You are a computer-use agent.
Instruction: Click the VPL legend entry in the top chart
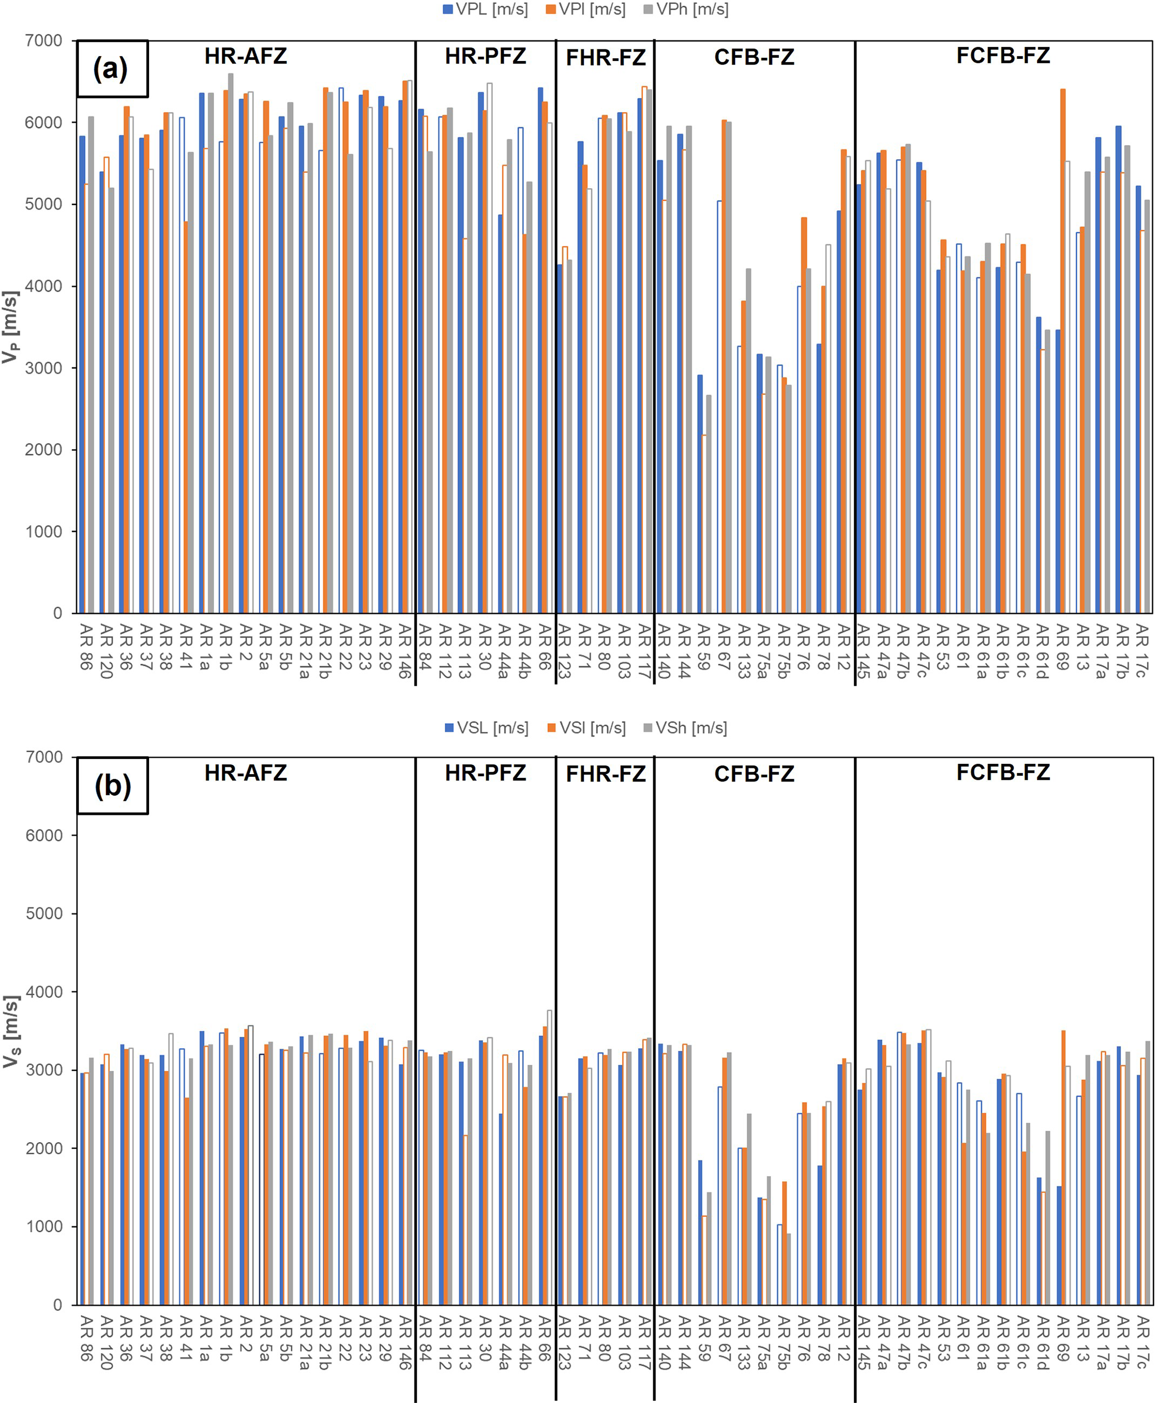pos(485,10)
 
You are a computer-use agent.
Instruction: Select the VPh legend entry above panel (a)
pos(686,10)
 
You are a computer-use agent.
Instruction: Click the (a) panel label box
pos(112,69)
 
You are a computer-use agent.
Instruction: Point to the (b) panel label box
pos(112,786)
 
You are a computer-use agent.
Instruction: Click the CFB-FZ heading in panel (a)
pos(754,57)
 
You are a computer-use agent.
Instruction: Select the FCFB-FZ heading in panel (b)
pos(1003,772)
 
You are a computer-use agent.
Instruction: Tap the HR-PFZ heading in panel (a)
pos(485,56)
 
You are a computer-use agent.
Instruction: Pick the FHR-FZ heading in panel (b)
pos(605,774)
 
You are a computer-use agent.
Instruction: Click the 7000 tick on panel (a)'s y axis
pos(44,41)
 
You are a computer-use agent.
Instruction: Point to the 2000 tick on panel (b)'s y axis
pos(44,1148)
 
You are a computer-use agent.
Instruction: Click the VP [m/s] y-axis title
pos(11,327)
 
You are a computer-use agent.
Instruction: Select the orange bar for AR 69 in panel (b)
pos(1063,1168)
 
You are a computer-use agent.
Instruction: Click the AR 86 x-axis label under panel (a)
pos(86,647)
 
